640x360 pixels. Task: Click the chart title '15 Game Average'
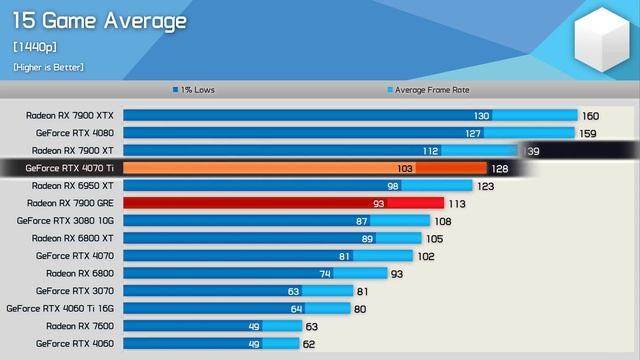tap(99, 21)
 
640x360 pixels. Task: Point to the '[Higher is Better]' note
tap(49, 66)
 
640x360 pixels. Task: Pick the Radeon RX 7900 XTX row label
tap(72, 116)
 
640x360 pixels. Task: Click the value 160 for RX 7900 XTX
tap(590, 116)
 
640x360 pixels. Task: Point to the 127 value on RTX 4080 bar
tap(474, 133)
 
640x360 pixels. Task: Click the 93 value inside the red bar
tap(378, 203)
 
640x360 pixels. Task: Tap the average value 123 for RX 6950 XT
tap(485, 186)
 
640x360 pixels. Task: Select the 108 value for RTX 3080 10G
tap(441, 221)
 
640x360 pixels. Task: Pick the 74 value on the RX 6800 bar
tap(325, 273)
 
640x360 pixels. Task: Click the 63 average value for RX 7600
tap(312, 326)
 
